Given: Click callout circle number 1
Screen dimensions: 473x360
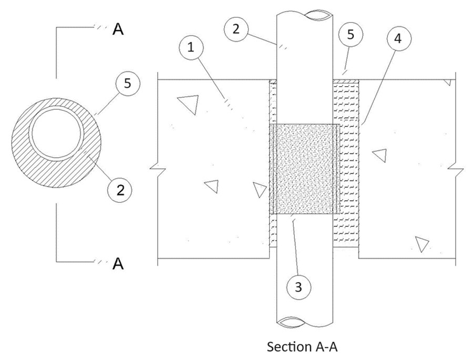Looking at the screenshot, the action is pos(191,47).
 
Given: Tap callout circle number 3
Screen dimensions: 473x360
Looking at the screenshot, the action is pos(299,286).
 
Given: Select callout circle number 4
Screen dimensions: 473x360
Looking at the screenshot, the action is pos(398,38).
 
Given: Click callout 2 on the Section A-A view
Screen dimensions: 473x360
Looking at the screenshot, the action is pos(236,29).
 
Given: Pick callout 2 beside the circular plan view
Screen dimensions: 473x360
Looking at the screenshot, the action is pos(120,190).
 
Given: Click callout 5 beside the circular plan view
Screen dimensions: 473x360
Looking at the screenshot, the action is pos(128,84).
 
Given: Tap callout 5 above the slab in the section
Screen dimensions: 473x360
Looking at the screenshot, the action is pos(351,34).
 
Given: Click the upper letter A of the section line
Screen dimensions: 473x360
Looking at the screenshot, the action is pos(118,29).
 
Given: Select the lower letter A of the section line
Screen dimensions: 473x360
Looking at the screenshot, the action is pos(118,263).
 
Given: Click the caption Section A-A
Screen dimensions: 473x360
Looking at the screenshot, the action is pos(302,347).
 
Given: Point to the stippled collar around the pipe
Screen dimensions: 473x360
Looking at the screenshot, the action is pos(305,169).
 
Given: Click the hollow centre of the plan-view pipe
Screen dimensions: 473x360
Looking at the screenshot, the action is pos(56,133).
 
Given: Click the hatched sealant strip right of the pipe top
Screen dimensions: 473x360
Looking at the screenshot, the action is pos(346,81).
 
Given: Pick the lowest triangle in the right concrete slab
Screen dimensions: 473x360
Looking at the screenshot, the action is pos(421,243).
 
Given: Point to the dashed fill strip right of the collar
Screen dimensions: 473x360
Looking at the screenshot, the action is pos(349,169).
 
